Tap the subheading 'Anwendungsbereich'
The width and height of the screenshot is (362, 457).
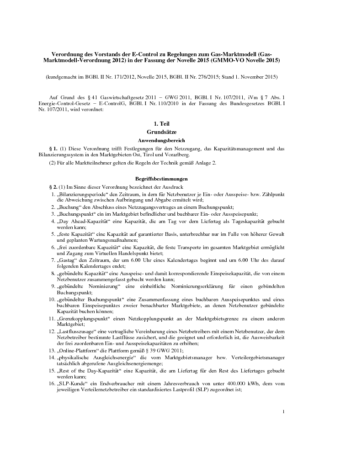[x=161, y=140]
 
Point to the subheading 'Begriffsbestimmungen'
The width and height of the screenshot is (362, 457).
[x=161, y=179]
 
